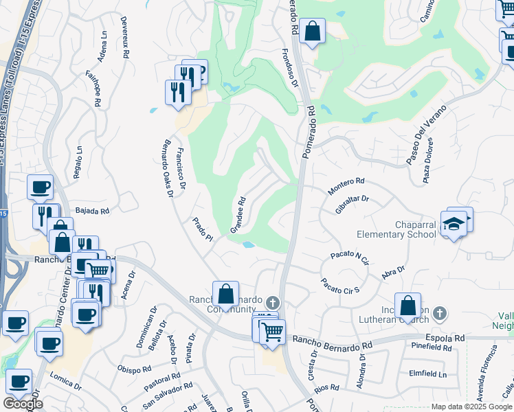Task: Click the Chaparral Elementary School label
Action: pos(396,229)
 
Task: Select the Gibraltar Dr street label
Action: pos(353,205)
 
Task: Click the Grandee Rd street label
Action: pos(238,216)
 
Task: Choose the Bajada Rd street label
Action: pos(92,211)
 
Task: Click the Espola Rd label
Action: pos(445,338)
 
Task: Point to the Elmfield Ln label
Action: pos(427,374)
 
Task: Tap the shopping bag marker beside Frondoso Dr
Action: pos(312,31)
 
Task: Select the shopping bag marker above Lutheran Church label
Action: pos(407,306)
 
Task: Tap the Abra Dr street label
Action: pos(392,271)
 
